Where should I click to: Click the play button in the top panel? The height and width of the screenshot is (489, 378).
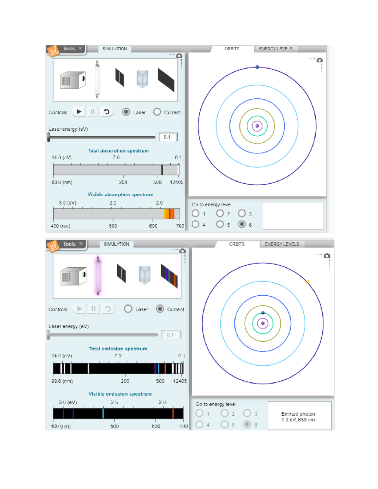(x=79, y=111)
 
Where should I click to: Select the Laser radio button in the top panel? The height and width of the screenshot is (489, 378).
(x=126, y=112)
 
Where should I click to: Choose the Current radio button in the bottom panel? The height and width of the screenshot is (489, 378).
(x=160, y=309)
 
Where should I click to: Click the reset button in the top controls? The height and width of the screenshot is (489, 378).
(x=107, y=111)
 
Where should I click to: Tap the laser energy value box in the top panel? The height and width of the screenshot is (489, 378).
(x=167, y=137)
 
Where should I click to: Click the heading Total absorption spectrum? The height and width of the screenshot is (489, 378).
(x=118, y=151)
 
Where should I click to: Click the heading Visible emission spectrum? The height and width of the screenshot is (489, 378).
(x=120, y=394)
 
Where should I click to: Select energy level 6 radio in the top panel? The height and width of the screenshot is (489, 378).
(x=242, y=224)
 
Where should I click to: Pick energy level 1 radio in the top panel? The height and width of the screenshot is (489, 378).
(x=196, y=213)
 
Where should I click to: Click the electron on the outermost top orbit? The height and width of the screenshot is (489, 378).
(x=257, y=67)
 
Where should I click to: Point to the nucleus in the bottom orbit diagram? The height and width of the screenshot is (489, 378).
(x=263, y=323)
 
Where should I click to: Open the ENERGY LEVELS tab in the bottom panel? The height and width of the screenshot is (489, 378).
(x=282, y=244)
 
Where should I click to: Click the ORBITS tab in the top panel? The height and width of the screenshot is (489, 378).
(x=232, y=49)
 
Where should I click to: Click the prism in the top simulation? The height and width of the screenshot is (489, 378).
(x=142, y=79)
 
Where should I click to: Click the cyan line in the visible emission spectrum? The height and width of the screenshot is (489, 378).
(x=103, y=413)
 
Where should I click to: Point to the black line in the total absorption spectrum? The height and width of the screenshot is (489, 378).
(x=162, y=170)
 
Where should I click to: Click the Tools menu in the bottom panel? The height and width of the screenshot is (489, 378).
(x=69, y=244)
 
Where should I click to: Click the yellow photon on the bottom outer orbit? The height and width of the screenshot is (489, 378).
(x=307, y=282)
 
